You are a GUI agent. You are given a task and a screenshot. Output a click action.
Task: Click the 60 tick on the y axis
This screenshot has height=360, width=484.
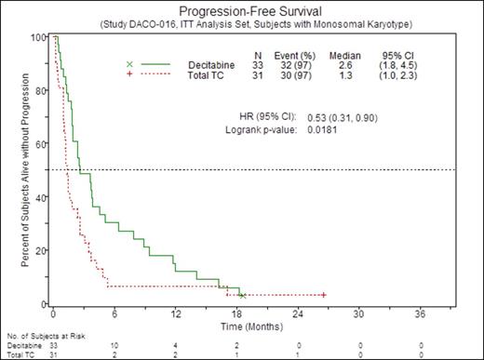click(x=41, y=144)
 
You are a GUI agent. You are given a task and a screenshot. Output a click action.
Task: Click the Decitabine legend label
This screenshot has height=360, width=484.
click(x=201, y=64)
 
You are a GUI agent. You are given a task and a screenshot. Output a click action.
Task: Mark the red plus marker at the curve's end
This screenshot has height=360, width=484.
click(x=322, y=295)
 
